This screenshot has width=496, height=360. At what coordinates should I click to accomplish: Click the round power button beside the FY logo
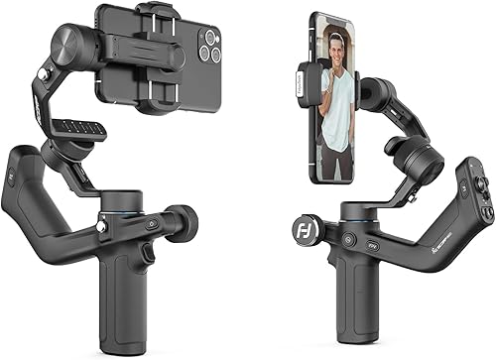pyautogui.click(x=349, y=240)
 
